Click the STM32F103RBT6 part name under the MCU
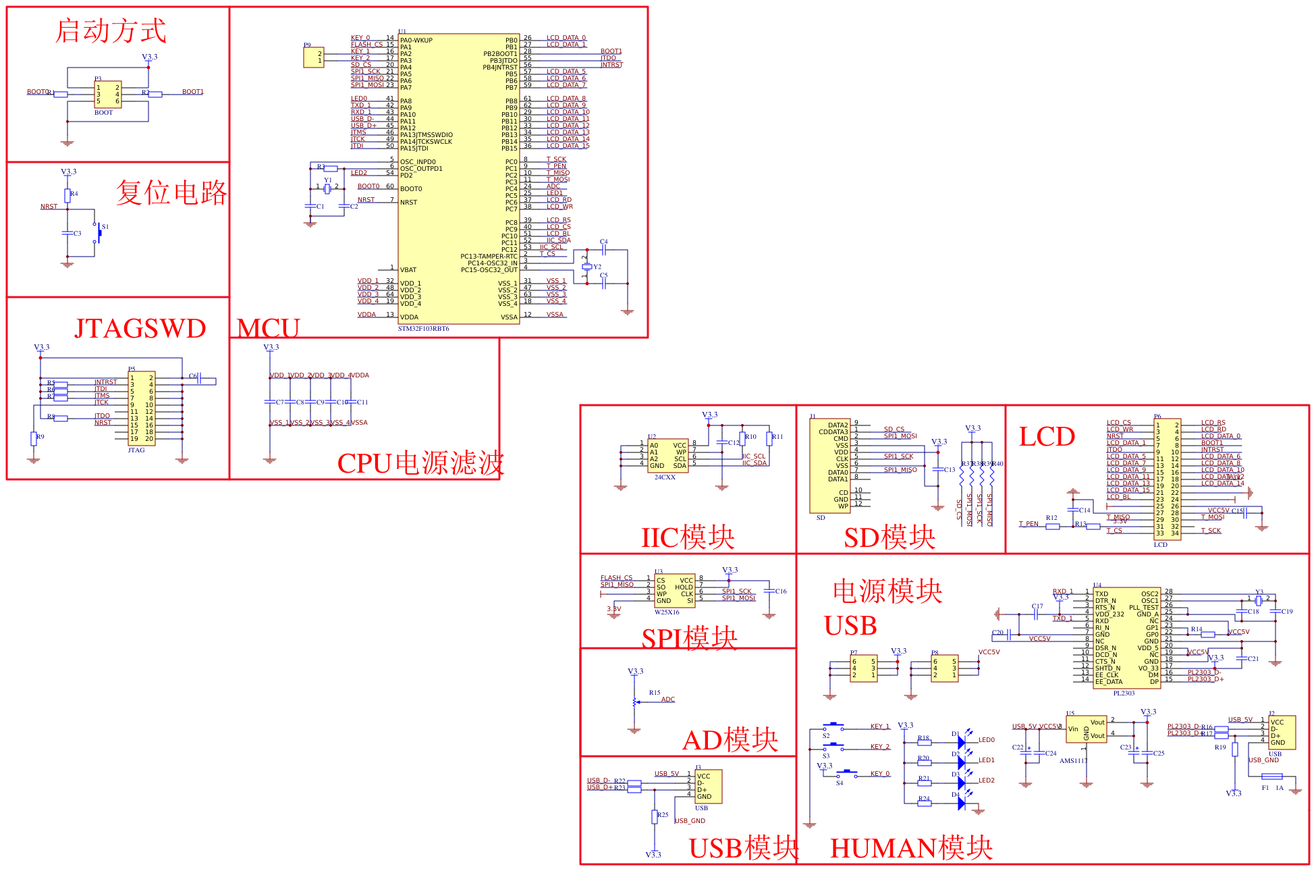(423, 329)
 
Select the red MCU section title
(268, 328)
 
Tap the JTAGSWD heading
(140, 328)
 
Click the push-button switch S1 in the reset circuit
(98, 233)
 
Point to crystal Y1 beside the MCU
(327, 188)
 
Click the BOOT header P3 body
(107, 95)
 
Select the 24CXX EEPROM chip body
(667, 456)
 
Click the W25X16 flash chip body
(674, 591)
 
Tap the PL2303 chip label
(1124, 693)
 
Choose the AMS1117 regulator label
(1073, 761)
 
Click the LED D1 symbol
(962, 742)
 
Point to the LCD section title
(1047, 437)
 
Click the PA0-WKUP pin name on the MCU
(416, 41)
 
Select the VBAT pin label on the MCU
(408, 270)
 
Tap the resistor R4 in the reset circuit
(67, 195)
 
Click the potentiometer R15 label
(655, 693)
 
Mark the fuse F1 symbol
(1271, 776)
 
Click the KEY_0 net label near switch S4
(879, 774)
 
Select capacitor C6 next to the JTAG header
(199, 378)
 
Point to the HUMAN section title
(910, 848)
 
